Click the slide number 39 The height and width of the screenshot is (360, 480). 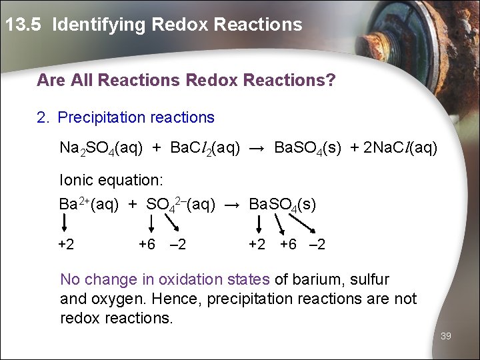[446, 336]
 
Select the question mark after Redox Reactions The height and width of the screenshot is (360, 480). [331, 81]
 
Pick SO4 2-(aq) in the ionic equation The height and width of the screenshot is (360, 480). [180, 204]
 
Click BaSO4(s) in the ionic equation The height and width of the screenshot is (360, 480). [282, 204]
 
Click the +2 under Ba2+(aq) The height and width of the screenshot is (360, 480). [66, 245]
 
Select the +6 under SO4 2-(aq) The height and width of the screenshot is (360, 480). [147, 245]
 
